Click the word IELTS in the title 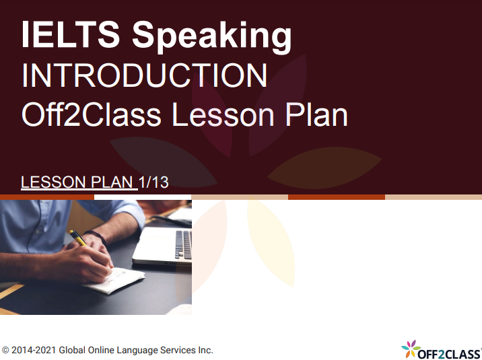pos(71,34)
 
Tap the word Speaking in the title pos(212,37)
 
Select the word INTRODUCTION pos(145,75)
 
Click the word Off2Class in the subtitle pos(92,114)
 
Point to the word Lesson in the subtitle pos(223,114)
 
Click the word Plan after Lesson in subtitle pos(316,114)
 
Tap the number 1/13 pos(153,182)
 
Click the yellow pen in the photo pos(78,238)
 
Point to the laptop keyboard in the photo pos(184,245)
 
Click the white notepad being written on pos(116,281)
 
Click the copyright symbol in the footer pos(5,351)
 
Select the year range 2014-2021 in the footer pos(34,350)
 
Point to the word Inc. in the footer pos(205,350)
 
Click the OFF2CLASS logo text pos(449,354)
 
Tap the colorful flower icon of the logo pos(411,349)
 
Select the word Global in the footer pos(72,350)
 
